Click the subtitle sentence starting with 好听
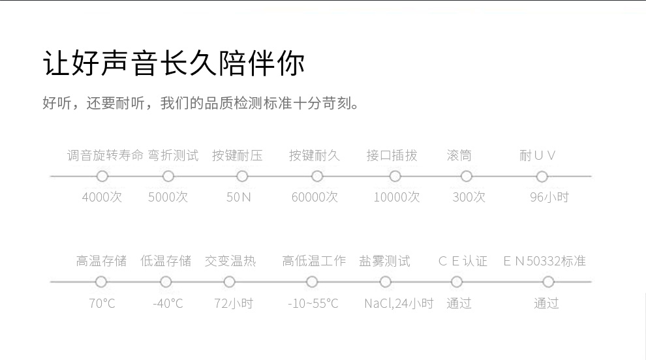click(201, 104)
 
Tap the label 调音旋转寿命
click(104, 156)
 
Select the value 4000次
click(102, 197)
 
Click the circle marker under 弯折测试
click(168, 176)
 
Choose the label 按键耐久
click(315, 156)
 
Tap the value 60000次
click(315, 197)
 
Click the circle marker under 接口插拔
click(395, 176)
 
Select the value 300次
click(469, 197)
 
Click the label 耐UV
click(538, 156)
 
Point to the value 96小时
click(549, 197)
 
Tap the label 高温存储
click(101, 262)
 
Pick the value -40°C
click(168, 303)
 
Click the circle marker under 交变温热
click(229, 282)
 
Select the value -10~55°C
click(313, 303)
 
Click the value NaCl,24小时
click(398, 303)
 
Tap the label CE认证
click(463, 262)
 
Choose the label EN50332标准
click(544, 262)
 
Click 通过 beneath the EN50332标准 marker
click(546, 303)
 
